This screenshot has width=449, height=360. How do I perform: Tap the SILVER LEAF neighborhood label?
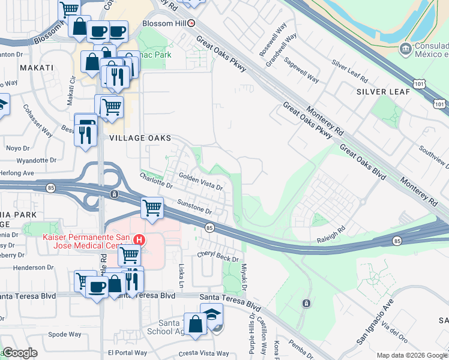383,92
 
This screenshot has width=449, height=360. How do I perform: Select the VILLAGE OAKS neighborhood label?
140,138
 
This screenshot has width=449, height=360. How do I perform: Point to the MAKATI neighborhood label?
37,68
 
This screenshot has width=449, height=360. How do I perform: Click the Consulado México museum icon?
405,47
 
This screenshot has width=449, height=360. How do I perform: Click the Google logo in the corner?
20,353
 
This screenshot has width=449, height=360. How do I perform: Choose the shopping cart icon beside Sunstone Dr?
152,208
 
